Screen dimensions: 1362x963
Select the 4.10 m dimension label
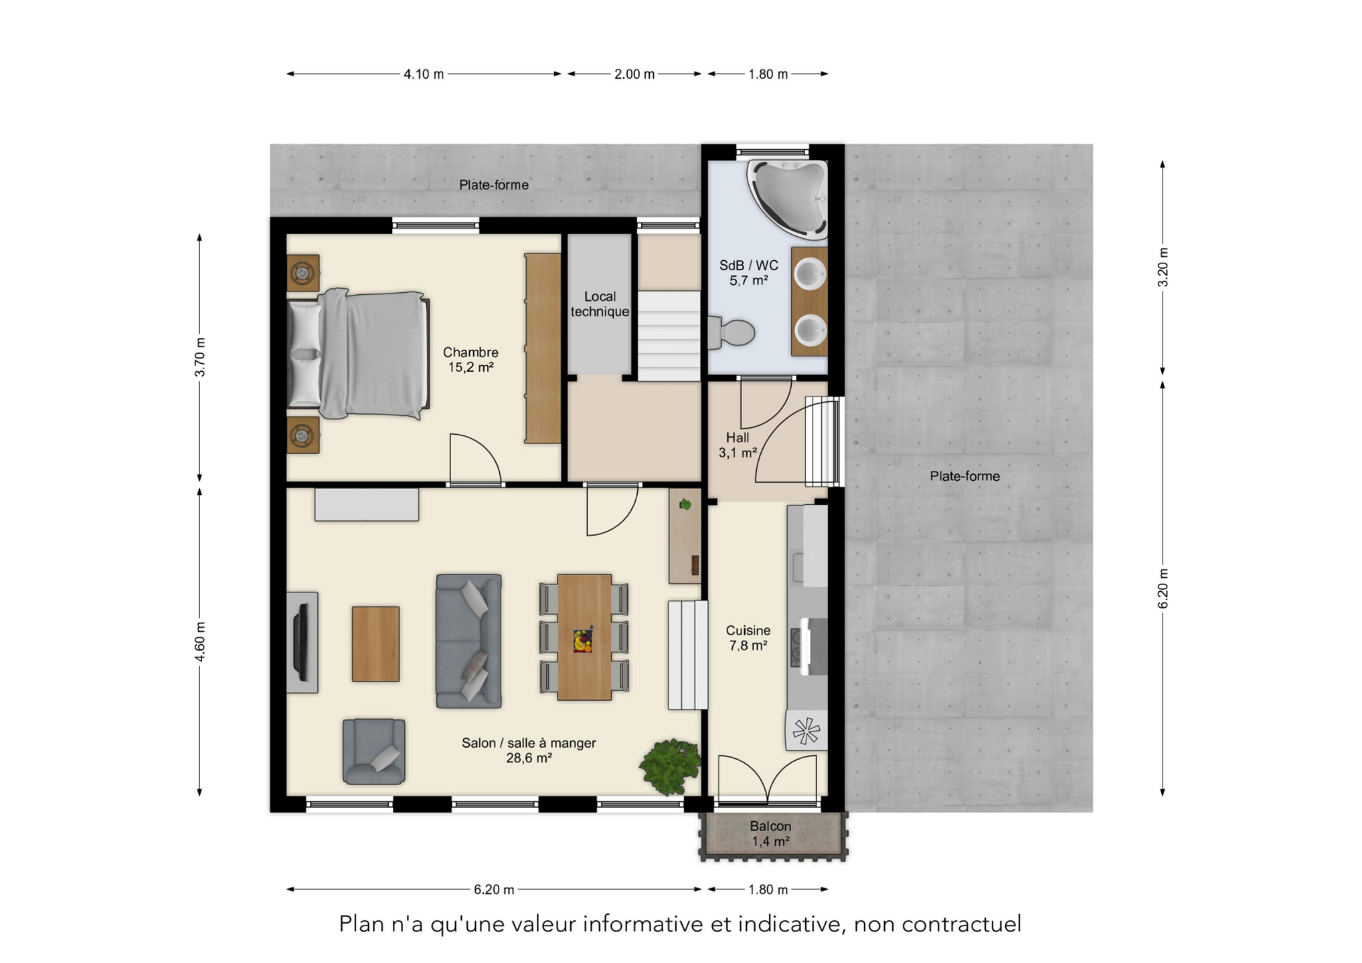pyautogui.click(x=424, y=74)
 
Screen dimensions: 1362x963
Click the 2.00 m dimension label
pyautogui.click(x=634, y=74)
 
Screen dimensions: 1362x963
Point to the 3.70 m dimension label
pyautogui.click(x=199, y=358)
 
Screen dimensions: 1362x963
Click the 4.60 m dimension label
pyautogui.click(x=199, y=642)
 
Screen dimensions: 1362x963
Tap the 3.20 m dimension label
pyautogui.click(x=1163, y=267)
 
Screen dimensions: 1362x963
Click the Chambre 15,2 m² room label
pyautogui.click(x=471, y=360)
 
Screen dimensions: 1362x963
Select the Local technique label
pyautogui.click(x=600, y=304)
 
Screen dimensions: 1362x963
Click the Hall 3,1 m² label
pyautogui.click(x=738, y=445)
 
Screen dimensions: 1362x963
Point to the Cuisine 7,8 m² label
pyautogui.click(x=748, y=638)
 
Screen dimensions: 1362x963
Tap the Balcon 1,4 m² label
pyautogui.click(x=770, y=834)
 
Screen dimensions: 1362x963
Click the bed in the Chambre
pyautogui.click(x=359, y=354)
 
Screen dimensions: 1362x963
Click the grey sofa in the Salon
pyautogui.click(x=469, y=641)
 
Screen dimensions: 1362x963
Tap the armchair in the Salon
pyautogui.click(x=374, y=752)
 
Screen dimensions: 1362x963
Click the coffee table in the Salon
pyautogui.click(x=376, y=644)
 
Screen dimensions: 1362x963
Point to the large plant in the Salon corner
pyautogui.click(x=671, y=766)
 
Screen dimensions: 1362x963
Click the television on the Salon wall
pyautogui.click(x=303, y=642)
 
